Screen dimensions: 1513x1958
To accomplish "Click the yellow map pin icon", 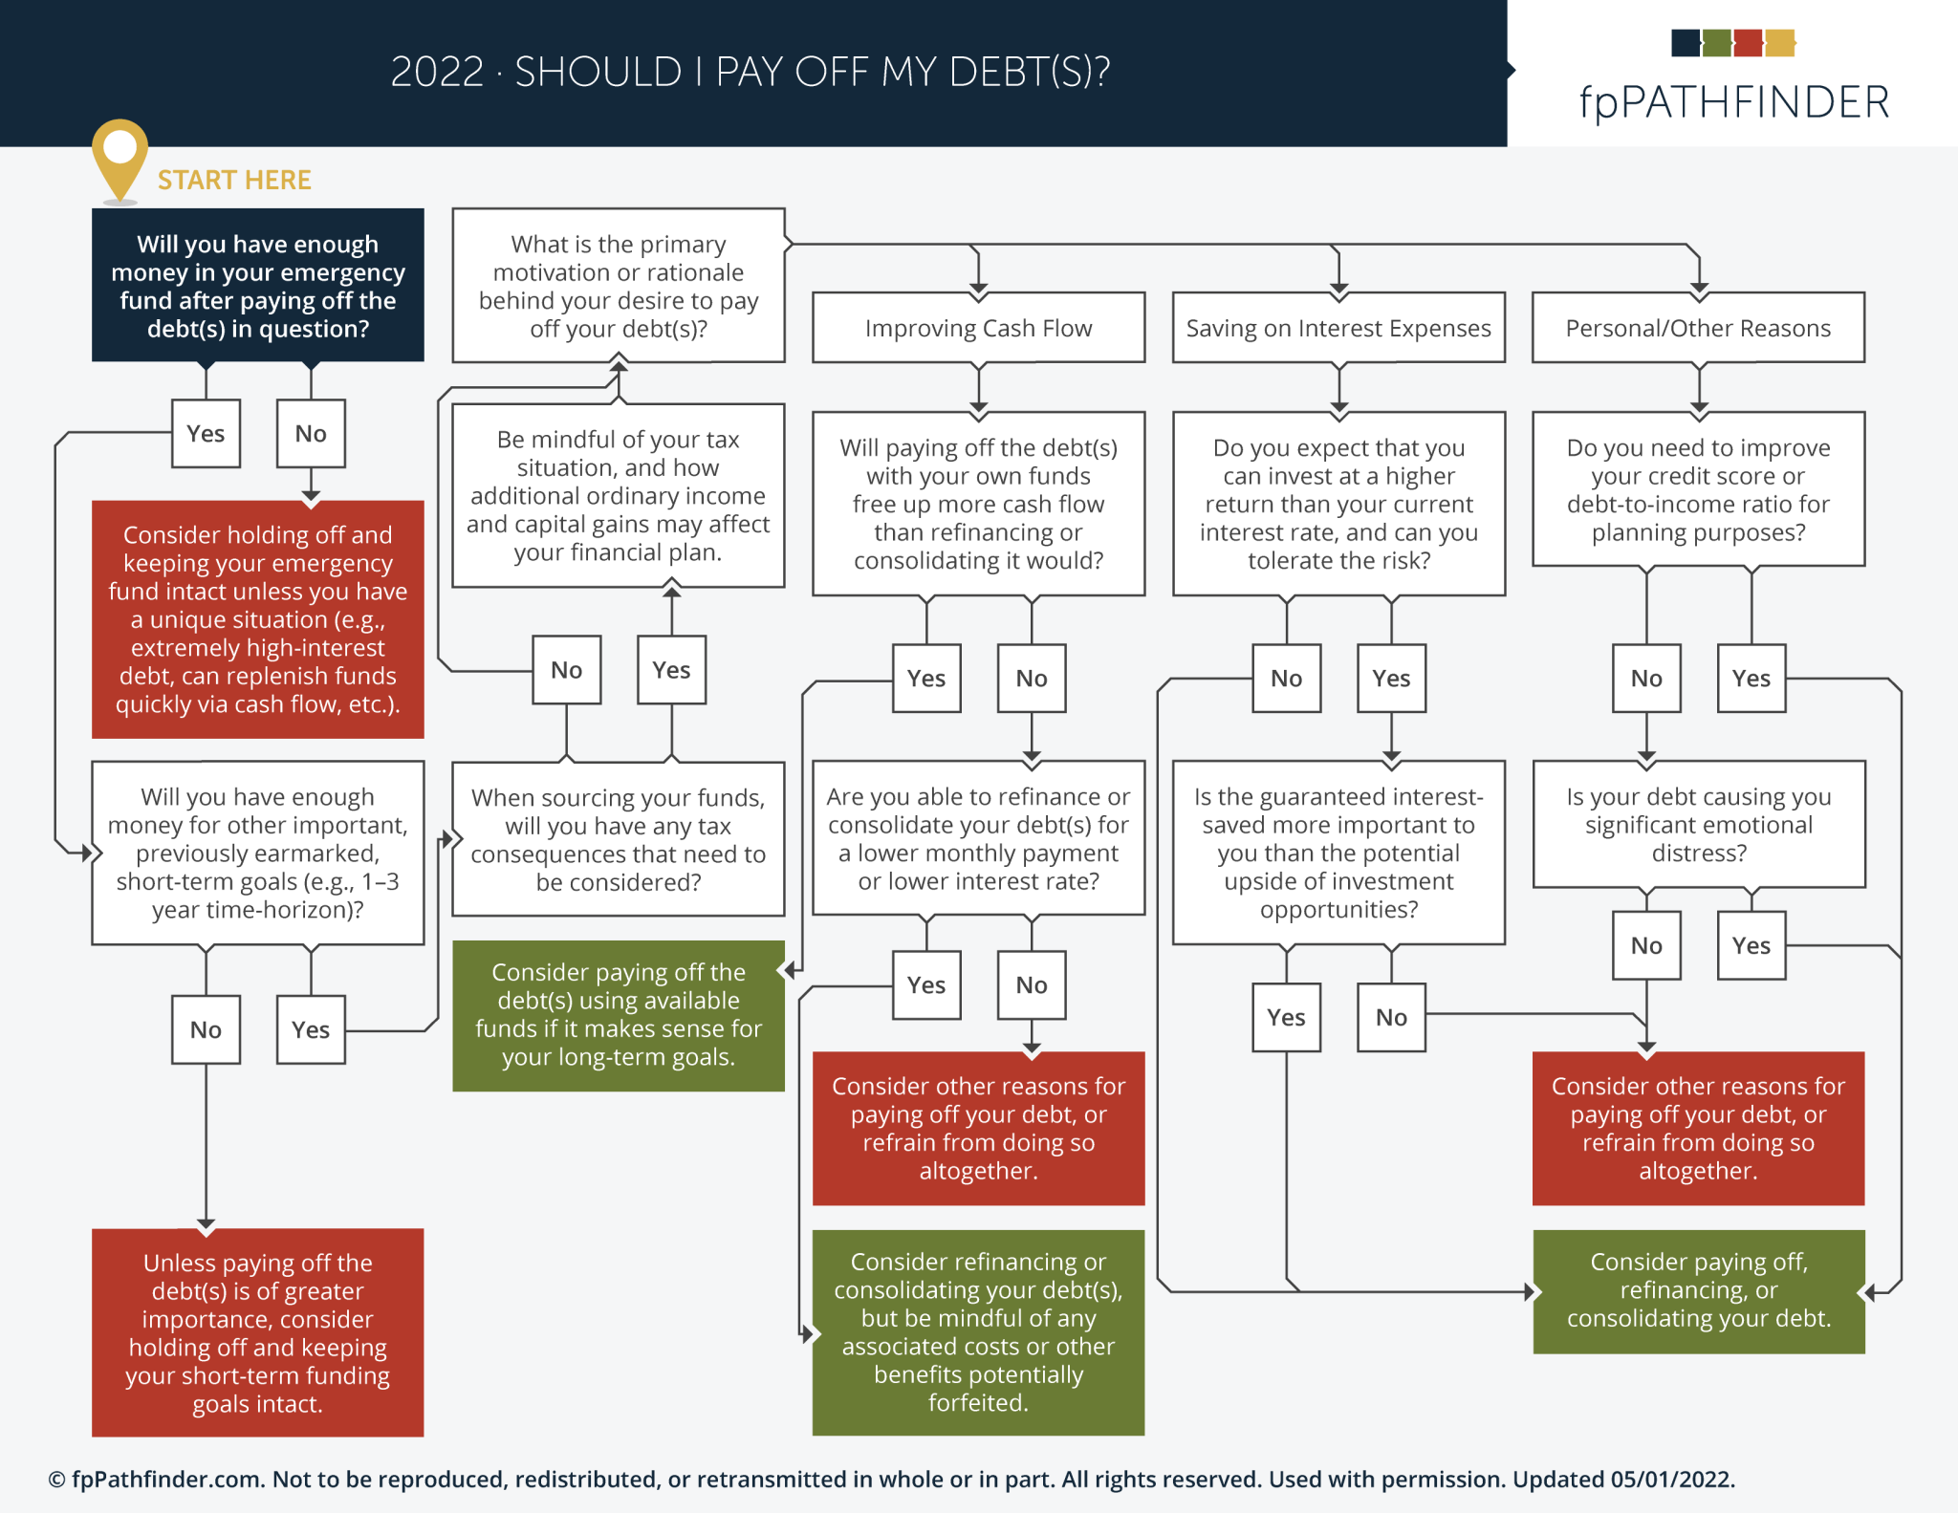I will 120,156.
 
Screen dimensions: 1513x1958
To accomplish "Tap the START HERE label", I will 234,180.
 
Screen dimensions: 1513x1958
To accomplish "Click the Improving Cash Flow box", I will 978,328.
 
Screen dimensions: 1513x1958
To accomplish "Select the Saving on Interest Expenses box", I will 1338,328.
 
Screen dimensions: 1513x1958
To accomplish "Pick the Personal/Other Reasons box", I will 1698,328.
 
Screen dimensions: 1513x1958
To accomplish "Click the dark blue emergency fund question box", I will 257,285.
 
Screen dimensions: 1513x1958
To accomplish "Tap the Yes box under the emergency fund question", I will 206,433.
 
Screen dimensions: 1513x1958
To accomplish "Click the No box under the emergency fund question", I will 311,433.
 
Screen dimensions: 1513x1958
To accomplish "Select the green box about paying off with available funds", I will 619,1015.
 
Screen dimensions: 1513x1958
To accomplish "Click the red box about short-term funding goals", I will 257,1332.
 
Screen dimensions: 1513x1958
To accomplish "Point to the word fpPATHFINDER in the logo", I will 1733,101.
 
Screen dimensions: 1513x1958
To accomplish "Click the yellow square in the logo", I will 1780,43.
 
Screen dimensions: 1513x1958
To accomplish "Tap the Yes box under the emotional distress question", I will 1751,945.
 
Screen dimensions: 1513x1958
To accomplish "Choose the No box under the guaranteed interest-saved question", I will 1391,1017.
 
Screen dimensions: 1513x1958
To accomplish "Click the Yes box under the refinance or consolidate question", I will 925,984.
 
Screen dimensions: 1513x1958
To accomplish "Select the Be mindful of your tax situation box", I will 619,495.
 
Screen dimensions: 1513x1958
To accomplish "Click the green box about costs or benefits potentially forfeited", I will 978,1332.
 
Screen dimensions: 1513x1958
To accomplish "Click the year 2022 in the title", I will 437,72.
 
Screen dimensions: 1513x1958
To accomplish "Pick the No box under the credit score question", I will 1646,678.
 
